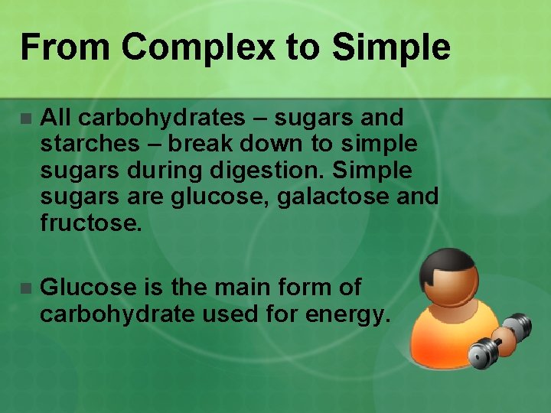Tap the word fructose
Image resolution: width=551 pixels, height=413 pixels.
coord(90,223)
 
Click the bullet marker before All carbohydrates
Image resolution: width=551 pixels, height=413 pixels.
coord(25,119)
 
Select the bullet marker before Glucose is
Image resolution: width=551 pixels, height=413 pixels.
coord(25,288)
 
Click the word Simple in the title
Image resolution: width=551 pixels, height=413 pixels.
coord(391,47)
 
